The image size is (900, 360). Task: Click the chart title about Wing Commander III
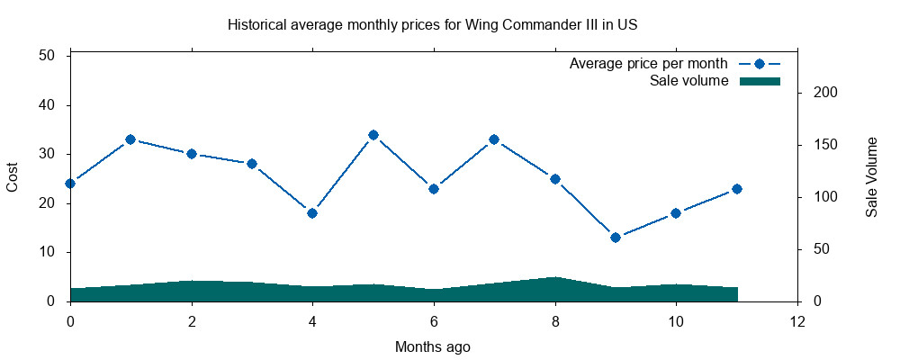click(x=433, y=24)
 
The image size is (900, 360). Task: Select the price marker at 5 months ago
click(x=373, y=135)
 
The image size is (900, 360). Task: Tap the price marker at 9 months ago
click(x=616, y=238)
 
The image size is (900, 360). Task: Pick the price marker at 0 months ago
click(x=70, y=184)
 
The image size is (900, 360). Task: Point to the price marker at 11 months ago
click(x=736, y=189)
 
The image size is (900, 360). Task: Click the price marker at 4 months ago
click(x=312, y=213)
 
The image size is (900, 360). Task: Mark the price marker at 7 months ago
click(x=494, y=139)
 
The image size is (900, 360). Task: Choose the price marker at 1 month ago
click(x=130, y=139)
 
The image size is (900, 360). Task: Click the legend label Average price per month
click(x=648, y=64)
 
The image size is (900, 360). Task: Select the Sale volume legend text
click(x=688, y=81)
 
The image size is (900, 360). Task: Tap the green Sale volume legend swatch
click(x=759, y=81)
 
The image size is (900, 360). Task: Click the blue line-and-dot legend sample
click(x=759, y=64)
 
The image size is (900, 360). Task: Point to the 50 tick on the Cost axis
click(x=49, y=56)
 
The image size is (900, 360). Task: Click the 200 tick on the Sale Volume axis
click(x=825, y=93)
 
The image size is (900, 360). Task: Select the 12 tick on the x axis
click(x=796, y=320)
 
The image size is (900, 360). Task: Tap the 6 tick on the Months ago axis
click(x=433, y=320)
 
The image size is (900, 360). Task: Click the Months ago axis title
click(x=433, y=346)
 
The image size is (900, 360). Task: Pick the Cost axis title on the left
click(x=13, y=177)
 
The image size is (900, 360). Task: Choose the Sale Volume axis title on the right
click(x=871, y=177)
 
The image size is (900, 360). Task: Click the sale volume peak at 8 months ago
click(x=554, y=278)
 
